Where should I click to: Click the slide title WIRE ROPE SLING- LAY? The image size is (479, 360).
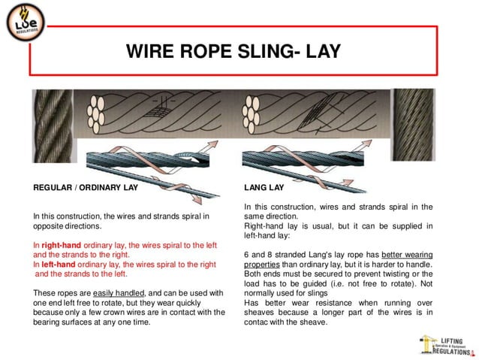[233, 51]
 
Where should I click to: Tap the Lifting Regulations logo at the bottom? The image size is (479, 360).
[447, 345]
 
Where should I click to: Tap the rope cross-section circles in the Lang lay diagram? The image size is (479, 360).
[254, 116]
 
